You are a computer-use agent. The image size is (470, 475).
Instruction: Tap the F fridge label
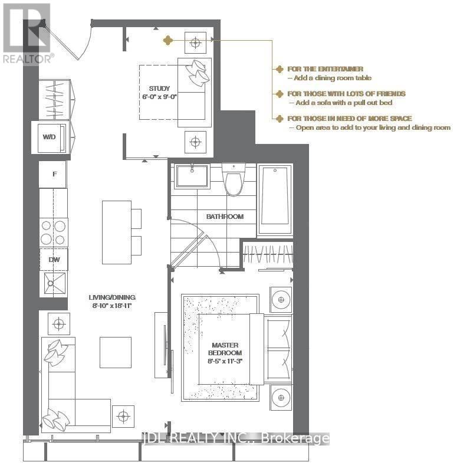click(54, 174)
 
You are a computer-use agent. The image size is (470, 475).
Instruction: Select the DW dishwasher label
click(54, 258)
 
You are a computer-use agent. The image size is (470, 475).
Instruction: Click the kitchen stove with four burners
click(54, 231)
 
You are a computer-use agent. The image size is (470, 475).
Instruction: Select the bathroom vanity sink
click(192, 176)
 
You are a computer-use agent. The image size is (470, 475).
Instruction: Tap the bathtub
click(275, 196)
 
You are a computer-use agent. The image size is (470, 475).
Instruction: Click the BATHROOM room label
click(224, 217)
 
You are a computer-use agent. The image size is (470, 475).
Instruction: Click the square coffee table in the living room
click(115, 352)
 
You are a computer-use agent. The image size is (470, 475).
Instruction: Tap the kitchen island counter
click(116, 232)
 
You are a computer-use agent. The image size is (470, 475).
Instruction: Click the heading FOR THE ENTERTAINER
click(325, 69)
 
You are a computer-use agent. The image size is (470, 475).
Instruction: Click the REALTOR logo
click(27, 33)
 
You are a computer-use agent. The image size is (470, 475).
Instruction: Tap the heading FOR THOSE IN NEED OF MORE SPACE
click(349, 119)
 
